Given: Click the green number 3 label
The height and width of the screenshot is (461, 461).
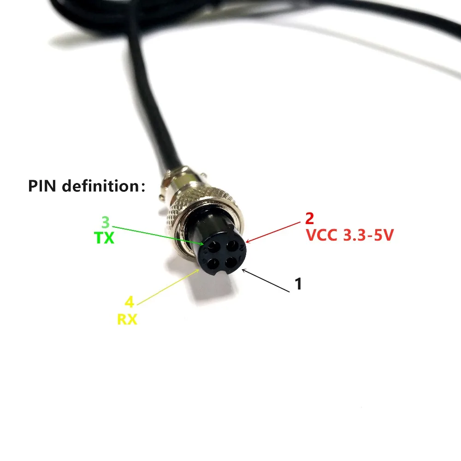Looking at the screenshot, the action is click(x=106, y=222).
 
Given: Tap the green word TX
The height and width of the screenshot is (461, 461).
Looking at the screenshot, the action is click(x=104, y=237).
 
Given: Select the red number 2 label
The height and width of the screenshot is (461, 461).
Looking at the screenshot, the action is click(x=309, y=218).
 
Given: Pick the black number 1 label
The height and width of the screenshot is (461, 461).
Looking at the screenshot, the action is click(x=298, y=284).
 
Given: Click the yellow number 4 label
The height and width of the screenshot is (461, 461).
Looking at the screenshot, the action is click(x=130, y=302).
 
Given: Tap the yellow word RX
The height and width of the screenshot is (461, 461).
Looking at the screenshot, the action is click(x=127, y=319).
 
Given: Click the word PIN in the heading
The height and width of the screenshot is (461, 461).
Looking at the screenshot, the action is click(x=42, y=186).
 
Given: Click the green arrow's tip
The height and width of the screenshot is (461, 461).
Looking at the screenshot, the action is click(x=203, y=244).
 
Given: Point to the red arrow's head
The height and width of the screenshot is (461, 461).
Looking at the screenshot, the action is click(x=246, y=242).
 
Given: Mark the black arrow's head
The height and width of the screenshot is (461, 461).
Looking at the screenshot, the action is click(x=242, y=270).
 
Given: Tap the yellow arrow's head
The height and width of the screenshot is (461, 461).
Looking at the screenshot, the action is click(x=199, y=269).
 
